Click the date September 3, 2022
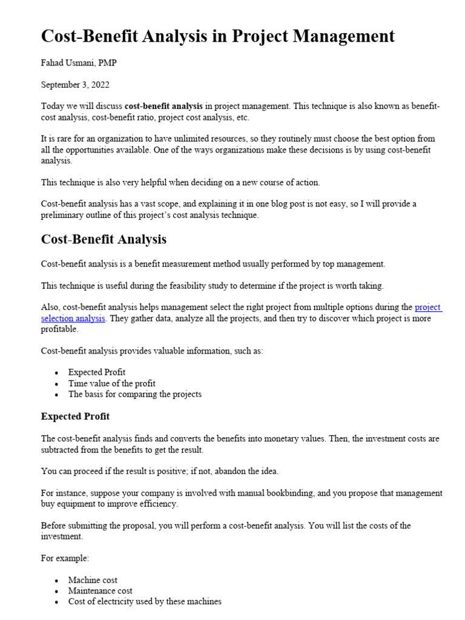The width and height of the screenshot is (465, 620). tap(75, 85)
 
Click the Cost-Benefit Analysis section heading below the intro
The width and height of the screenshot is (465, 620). tap(104, 239)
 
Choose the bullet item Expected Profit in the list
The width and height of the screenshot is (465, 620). tap(97, 372)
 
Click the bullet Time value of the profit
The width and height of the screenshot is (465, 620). tap(111, 383)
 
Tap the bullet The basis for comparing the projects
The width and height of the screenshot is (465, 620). tap(134, 394)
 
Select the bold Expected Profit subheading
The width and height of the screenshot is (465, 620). tap(75, 417)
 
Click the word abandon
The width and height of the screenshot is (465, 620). tap(222, 470)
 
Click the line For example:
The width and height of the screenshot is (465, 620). tap(65, 558)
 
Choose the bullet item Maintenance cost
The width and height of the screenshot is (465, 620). tap(100, 590)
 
